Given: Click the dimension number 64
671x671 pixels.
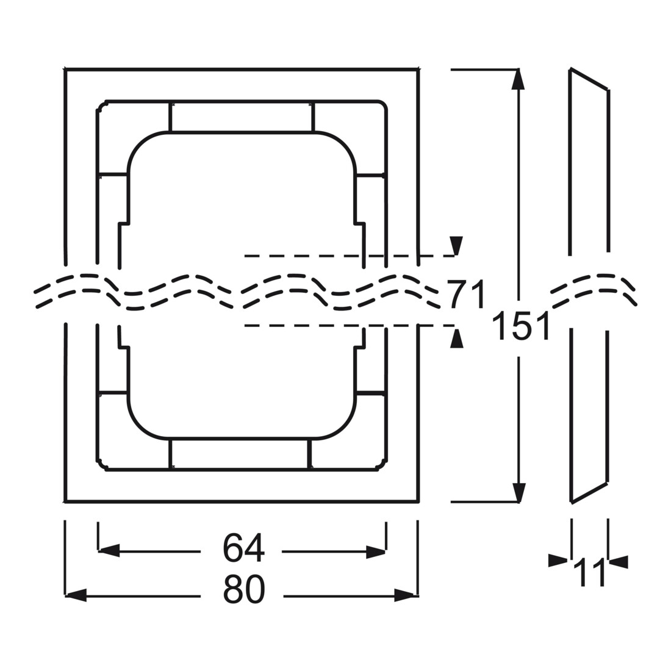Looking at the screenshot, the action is [x=243, y=548].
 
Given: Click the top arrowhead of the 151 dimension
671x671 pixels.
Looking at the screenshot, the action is [x=518, y=79].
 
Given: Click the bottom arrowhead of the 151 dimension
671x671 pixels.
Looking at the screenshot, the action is [x=518, y=492].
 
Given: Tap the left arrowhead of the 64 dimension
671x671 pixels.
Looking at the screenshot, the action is [x=109, y=551].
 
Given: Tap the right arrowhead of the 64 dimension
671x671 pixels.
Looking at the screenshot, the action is [x=376, y=551].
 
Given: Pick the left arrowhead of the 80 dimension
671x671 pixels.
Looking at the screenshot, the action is [x=76, y=595].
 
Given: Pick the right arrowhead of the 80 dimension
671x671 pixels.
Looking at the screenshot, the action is [x=405, y=595].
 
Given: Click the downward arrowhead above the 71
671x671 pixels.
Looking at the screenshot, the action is [x=457, y=246].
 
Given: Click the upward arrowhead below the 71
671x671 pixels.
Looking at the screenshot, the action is [x=457, y=338].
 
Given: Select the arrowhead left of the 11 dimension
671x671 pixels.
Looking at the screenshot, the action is [x=558, y=561].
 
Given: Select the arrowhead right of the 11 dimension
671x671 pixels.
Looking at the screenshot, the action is [x=619, y=562].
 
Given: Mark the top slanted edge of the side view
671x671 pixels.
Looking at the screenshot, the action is [x=589, y=79].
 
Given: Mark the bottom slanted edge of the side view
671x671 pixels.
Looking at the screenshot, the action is [x=589, y=492].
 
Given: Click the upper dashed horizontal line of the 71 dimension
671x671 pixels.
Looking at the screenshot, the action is [x=349, y=256].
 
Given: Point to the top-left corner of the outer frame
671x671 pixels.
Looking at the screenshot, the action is [x=65, y=69].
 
